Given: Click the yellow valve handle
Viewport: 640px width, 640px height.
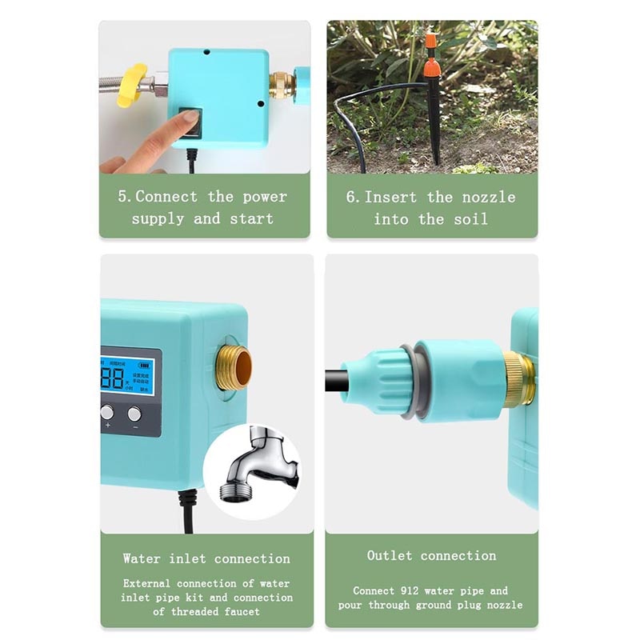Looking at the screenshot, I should pos(131,86).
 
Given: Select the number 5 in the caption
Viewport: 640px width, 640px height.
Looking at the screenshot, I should pos(122,197).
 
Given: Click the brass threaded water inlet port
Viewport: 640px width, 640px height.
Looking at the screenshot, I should pos(234,367).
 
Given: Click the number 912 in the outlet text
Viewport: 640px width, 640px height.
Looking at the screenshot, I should pos(408,591).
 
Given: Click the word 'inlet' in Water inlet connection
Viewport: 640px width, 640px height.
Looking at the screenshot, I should pos(187,559).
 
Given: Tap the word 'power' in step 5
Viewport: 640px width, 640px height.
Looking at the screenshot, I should pos(265,197).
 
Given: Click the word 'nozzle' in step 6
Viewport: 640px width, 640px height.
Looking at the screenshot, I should pos(488,197).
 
